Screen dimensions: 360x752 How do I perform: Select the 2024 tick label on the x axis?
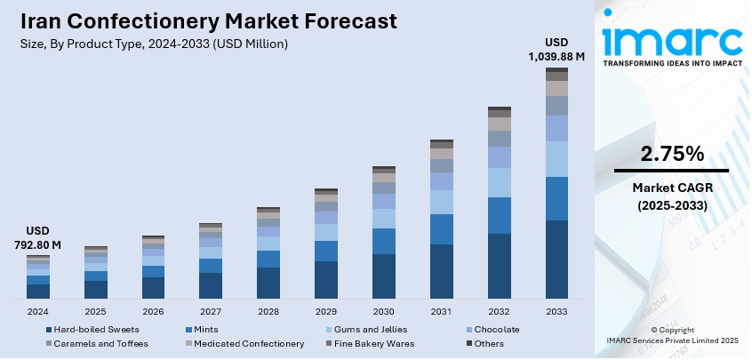click(38, 312)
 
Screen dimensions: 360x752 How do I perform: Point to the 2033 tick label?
click(556, 312)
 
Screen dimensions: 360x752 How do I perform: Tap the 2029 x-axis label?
click(326, 312)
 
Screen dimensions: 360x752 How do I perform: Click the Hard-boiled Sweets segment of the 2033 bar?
click(556, 259)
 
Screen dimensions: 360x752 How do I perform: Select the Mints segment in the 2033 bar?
click(556, 198)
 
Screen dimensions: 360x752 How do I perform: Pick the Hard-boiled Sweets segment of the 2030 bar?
click(384, 276)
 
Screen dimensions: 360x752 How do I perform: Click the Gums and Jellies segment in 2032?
click(500, 182)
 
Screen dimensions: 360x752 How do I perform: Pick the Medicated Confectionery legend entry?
click(240, 344)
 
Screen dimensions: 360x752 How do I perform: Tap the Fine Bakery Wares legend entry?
click(372, 344)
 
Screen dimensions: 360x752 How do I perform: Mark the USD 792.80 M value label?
click(37, 237)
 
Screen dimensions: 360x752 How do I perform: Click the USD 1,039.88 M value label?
click(556, 49)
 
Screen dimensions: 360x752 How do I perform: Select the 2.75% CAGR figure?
click(671, 154)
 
